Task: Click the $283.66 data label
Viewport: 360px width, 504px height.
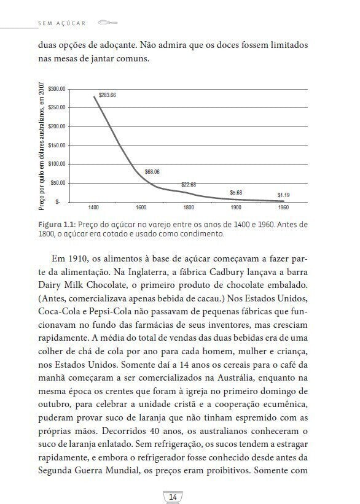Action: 108,95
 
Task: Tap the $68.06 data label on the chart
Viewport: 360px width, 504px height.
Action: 152,171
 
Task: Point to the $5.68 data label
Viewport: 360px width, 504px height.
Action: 236,192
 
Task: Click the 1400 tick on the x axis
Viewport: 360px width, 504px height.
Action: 93,207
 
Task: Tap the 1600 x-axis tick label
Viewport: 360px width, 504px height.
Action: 141,207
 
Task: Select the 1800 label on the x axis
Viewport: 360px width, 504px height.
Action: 188,207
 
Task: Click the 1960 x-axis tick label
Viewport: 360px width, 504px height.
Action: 283,207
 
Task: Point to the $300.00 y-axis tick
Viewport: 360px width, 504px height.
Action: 57,89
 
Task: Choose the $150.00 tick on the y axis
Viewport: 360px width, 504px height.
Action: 57,145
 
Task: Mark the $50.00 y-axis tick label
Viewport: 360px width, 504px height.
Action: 58,182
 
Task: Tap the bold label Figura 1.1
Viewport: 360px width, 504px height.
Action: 56,225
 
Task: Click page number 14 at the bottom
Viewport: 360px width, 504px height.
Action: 173,496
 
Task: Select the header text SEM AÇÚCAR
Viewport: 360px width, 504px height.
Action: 61,23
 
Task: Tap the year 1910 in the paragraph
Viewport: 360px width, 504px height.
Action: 79,257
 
